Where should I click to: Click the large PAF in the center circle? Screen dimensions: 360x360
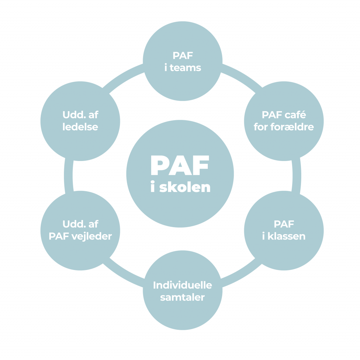point(180,165)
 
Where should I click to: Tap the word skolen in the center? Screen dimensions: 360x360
point(185,187)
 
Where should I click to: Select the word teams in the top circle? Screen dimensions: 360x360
point(186,68)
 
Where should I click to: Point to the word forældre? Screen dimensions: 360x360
point(292,127)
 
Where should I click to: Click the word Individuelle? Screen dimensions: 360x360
point(182,285)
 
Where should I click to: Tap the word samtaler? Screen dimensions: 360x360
point(182,297)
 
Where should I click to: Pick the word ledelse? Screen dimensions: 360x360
point(81,127)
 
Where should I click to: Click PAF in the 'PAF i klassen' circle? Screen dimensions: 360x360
point(284,224)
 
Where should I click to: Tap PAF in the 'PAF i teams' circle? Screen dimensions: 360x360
point(183,55)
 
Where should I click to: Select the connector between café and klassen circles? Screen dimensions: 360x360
point(297,176)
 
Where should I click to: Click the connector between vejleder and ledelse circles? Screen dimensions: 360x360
point(68,176)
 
